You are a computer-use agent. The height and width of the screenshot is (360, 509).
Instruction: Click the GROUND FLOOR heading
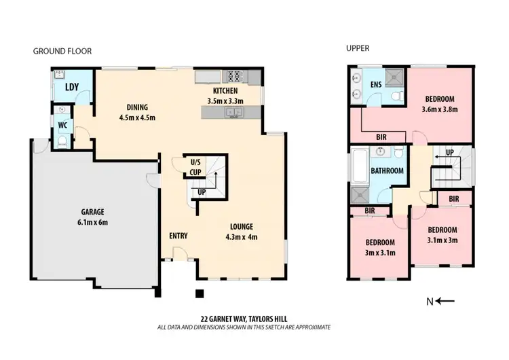pyautogui.click(x=62, y=51)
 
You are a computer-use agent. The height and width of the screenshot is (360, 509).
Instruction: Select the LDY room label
pyautogui.click(x=71, y=86)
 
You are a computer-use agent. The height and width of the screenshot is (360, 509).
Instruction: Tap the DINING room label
pyautogui.click(x=138, y=107)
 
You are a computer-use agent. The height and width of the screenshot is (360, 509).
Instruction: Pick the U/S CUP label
pyautogui.click(x=195, y=166)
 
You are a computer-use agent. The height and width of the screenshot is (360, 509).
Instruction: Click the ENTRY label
pyautogui.click(x=178, y=236)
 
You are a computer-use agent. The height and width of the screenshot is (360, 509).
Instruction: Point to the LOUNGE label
pyautogui.click(x=241, y=227)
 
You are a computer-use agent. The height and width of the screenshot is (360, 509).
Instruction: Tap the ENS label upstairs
pyautogui.click(x=376, y=85)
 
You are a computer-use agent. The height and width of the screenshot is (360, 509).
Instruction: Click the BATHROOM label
pyautogui.click(x=387, y=171)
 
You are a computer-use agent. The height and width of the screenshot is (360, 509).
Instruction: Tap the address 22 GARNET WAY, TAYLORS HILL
pyautogui.click(x=243, y=318)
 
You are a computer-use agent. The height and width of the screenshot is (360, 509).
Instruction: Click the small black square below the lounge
pyautogui.click(x=199, y=294)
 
